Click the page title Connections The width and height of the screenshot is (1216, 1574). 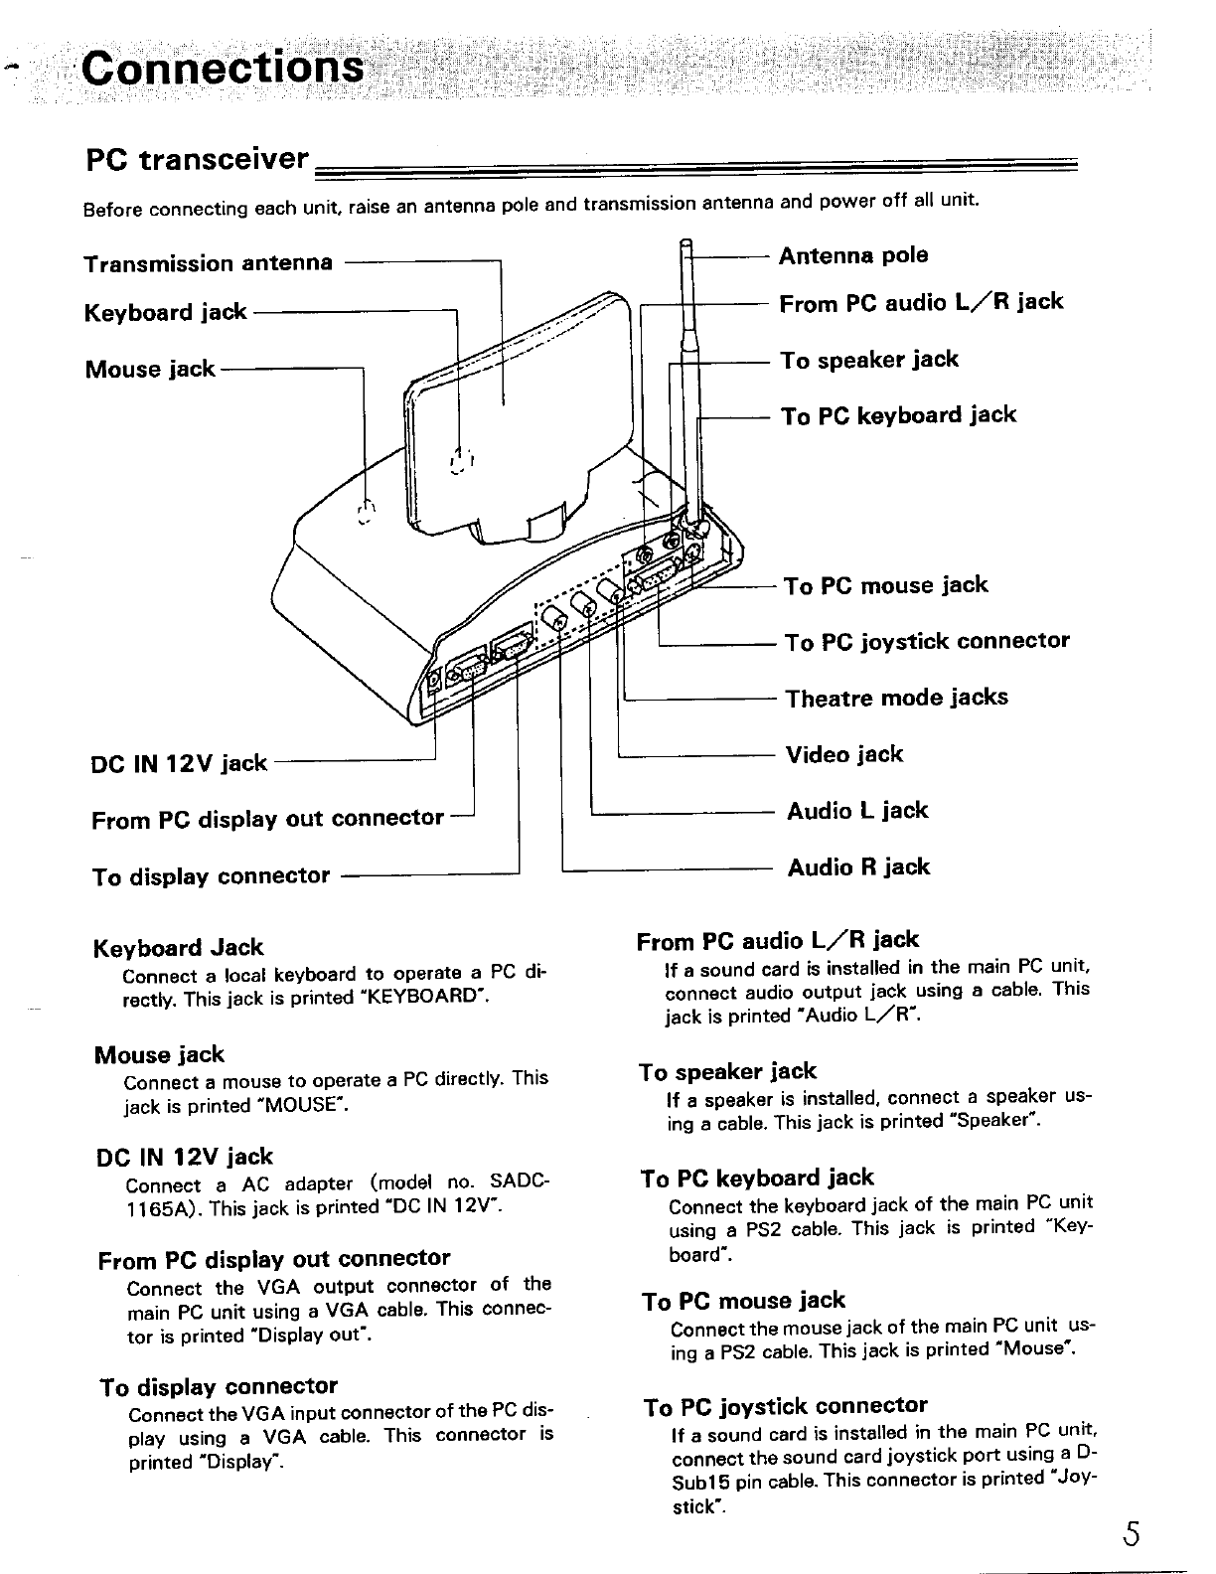click(223, 69)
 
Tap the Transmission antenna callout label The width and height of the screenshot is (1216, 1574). click(209, 263)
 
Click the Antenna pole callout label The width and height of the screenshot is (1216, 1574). click(853, 255)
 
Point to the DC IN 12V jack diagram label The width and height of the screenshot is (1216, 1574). click(179, 763)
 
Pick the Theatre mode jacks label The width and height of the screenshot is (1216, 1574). click(896, 698)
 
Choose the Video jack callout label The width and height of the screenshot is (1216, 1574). click(844, 754)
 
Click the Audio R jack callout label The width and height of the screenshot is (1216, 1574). click(858, 867)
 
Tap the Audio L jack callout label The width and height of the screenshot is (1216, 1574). click(857, 811)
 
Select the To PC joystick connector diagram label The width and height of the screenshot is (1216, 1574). click(927, 641)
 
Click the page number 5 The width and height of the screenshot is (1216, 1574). click(1131, 1534)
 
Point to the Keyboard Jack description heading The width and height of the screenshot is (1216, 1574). click(178, 947)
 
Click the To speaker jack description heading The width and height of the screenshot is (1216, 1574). click(727, 1071)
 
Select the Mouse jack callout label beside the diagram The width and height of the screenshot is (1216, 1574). click(150, 369)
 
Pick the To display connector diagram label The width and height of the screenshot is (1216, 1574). click(211, 876)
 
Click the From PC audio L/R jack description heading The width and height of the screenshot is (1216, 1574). click(777, 940)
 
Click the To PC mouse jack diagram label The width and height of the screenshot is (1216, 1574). click(886, 585)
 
